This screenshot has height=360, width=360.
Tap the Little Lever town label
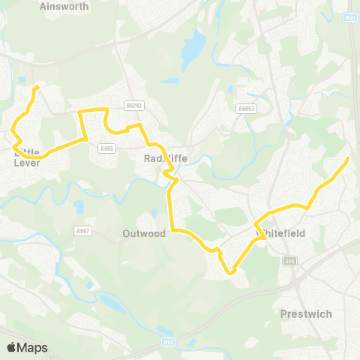click(x=26, y=157)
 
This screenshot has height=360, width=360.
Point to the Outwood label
click(x=144, y=233)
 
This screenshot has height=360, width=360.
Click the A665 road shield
click(x=106, y=148)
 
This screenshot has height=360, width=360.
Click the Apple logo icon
click(x=12, y=347)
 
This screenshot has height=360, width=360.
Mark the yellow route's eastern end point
click(x=349, y=158)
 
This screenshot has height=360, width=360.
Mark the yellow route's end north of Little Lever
click(x=35, y=87)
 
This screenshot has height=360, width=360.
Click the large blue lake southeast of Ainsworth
click(x=193, y=46)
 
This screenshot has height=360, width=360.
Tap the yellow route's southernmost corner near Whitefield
click(x=232, y=271)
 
